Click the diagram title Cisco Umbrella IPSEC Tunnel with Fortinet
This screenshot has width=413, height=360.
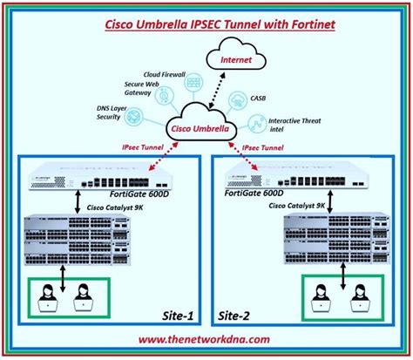[x=206, y=25]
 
